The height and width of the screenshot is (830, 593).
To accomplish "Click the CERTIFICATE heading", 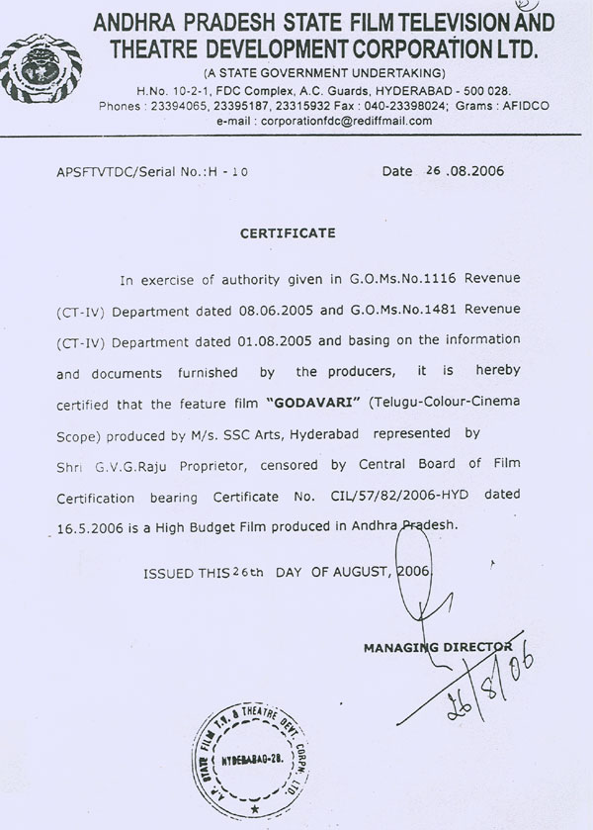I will point(289,233).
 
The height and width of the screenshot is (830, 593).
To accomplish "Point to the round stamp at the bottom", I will point(253,762).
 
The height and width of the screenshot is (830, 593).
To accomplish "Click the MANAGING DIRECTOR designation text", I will point(437,648).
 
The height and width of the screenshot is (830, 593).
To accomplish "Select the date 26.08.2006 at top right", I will point(465,171).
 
